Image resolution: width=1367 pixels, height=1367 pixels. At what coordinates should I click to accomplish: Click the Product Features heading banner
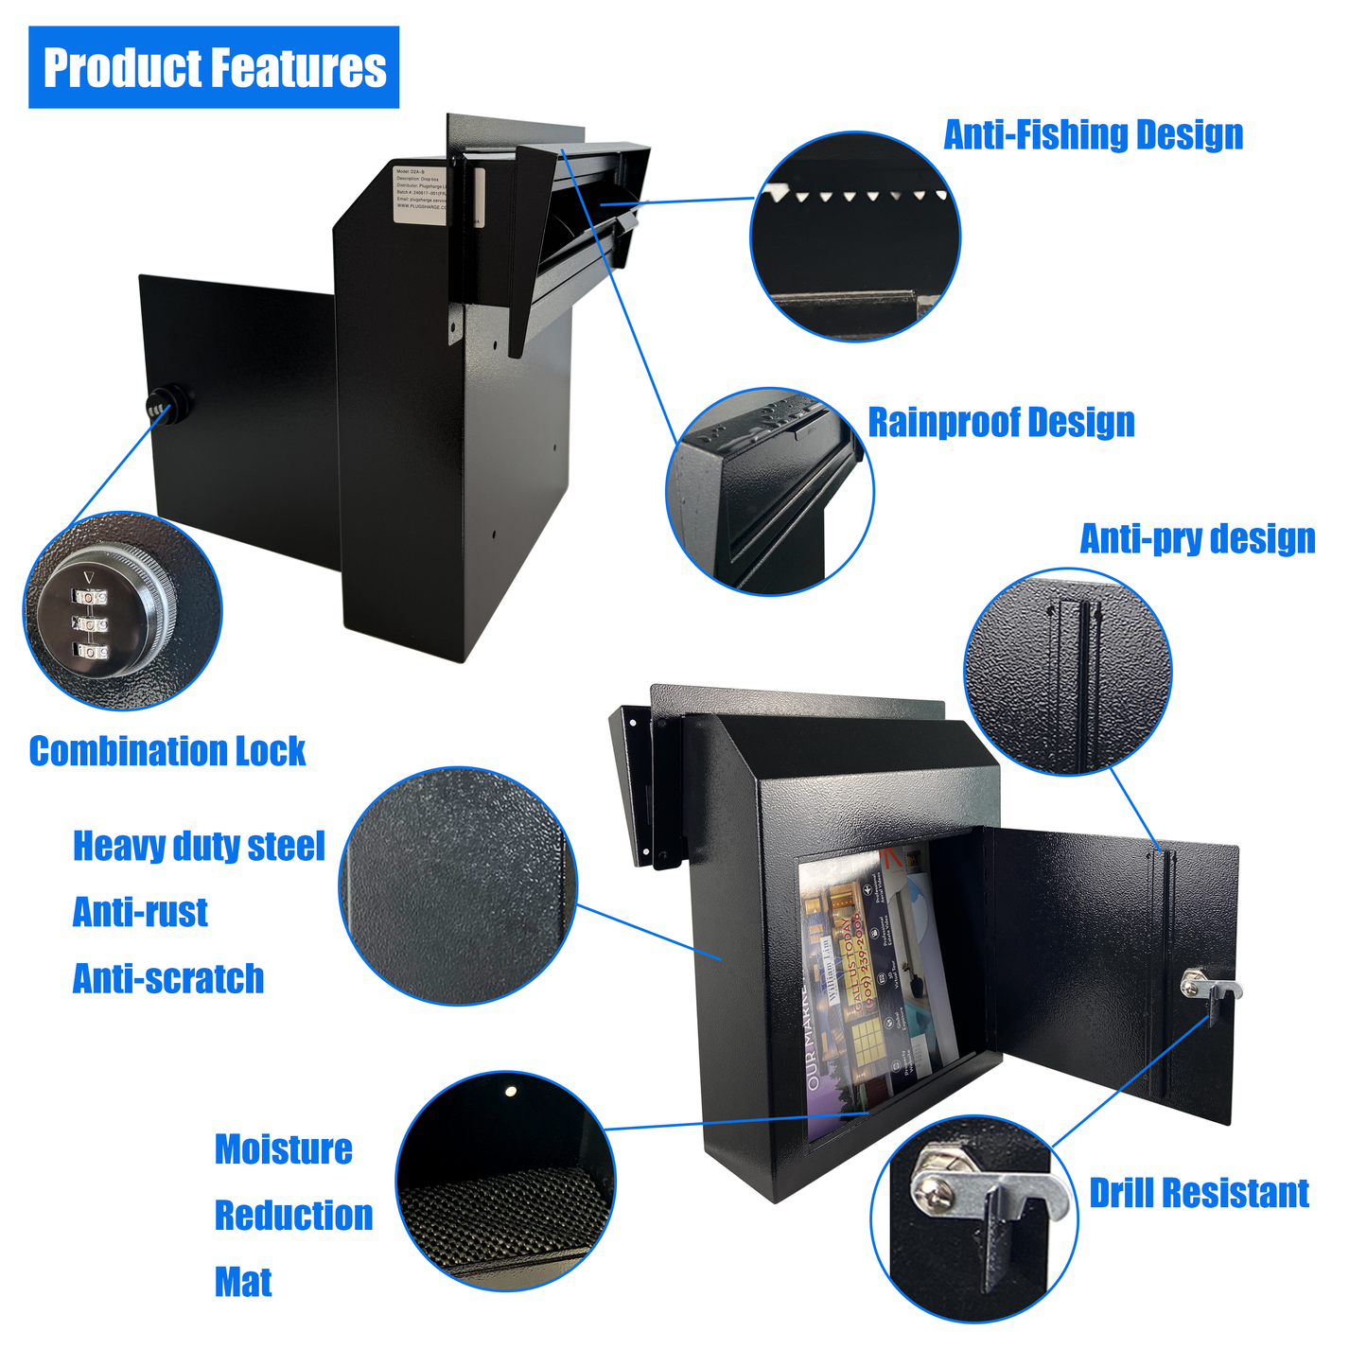pos(214,67)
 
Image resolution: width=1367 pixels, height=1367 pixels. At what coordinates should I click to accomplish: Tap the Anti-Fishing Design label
pos(1093,135)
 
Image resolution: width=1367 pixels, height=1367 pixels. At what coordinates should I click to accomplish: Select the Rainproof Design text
pos(1001,422)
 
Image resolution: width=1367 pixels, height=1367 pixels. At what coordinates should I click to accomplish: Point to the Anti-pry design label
pos(1197,538)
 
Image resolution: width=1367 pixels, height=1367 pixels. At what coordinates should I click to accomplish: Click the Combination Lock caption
pos(167,751)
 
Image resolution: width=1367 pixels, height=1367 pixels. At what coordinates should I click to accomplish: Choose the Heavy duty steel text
pos(199,846)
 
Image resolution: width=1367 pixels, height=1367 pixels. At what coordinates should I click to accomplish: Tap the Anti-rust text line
pos(140,912)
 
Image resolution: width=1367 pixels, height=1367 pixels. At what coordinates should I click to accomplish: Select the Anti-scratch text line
pos(168,978)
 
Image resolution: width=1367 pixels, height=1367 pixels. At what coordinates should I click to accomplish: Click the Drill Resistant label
pos(1199,1193)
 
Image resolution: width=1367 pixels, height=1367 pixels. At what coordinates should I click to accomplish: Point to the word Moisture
pos(283,1149)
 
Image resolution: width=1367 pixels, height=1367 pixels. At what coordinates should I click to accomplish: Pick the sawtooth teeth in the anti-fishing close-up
pos(856,196)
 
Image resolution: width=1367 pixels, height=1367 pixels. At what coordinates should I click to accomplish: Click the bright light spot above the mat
pos(511,1092)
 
